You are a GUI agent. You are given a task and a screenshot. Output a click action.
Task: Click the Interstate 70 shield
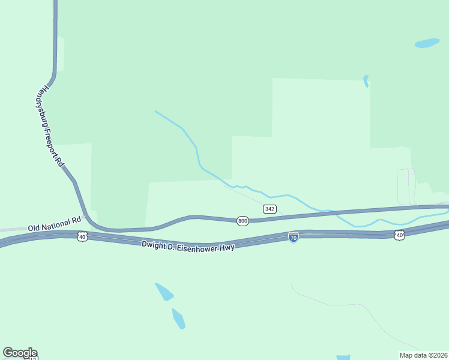pos(294,237)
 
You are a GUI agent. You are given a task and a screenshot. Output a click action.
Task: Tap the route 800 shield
pos(243,221)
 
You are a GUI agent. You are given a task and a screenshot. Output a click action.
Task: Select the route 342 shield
pos(270,209)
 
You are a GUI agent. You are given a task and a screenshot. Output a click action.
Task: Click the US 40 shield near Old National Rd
pos(83,238)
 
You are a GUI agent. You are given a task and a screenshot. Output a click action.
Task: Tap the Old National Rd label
pos(54,224)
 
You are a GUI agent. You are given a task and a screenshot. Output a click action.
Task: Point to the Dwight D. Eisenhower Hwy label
pos(188,245)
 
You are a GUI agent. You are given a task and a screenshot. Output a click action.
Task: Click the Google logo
pos(20,353)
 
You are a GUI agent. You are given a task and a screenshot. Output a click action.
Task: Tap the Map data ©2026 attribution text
pos(424,355)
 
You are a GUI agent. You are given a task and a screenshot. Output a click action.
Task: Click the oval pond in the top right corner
pos(427,43)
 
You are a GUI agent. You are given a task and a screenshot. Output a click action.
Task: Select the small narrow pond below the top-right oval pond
pos(366,81)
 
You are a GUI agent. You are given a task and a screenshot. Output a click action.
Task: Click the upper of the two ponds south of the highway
pos(164,292)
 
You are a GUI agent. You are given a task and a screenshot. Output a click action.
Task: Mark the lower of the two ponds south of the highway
pos(178,319)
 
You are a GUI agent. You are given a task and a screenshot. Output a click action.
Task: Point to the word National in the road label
pos(58,223)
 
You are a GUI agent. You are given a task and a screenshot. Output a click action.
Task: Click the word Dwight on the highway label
pos(152,244)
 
